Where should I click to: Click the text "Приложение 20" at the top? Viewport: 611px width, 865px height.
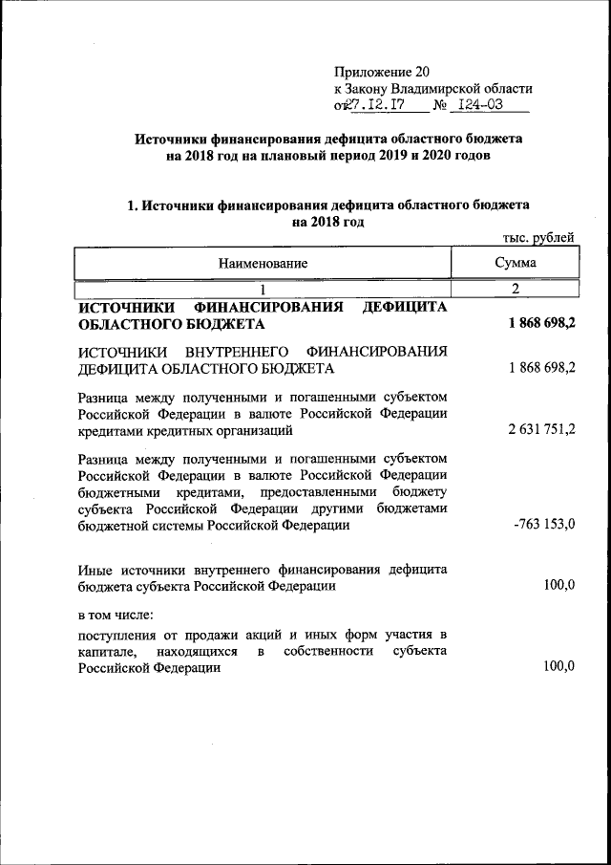click(x=382, y=72)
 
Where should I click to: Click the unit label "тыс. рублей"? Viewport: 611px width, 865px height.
click(x=537, y=239)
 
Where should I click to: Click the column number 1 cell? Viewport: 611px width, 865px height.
click(x=263, y=289)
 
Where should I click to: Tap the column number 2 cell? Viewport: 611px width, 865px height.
click(x=515, y=289)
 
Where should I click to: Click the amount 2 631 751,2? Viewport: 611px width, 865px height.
click(x=541, y=430)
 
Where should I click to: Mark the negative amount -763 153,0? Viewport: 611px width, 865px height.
click(x=543, y=525)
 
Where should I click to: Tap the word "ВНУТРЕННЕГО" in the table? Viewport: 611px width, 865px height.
click(x=237, y=351)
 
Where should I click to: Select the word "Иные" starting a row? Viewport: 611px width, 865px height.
click(x=96, y=569)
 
